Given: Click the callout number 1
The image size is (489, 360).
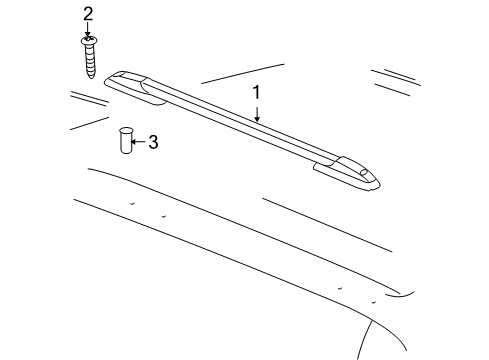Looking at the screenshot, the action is click(257, 93).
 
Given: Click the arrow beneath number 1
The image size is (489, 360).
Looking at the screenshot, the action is click(257, 112).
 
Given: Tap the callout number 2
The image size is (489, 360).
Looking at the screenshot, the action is click(88, 13).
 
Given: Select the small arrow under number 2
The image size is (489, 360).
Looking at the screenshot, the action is click(88, 30).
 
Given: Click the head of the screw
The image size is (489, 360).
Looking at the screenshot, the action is click(88, 41).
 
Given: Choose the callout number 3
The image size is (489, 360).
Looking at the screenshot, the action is click(153, 142).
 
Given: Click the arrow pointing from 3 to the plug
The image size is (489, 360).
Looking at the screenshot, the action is click(139, 142).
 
